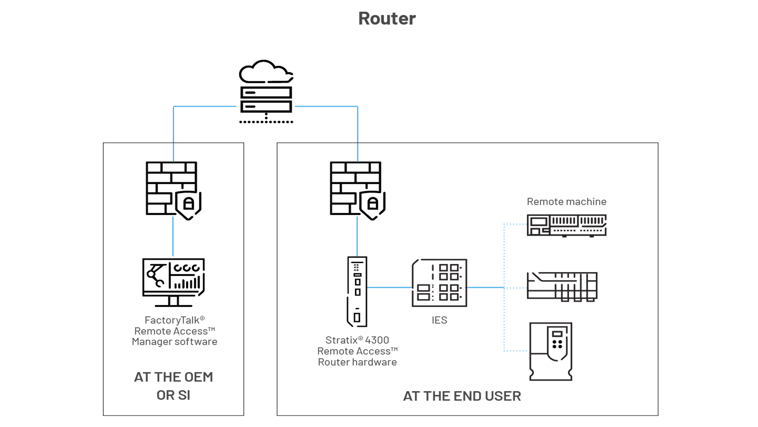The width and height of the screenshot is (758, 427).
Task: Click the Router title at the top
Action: point(387,18)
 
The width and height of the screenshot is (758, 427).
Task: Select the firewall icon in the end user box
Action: point(355,188)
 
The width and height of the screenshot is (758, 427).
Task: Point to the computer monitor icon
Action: point(173,282)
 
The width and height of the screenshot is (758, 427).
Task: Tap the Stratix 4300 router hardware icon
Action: point(357,291)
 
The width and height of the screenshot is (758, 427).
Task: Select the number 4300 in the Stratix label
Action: point(377,340)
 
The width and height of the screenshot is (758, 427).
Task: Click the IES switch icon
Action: point(439,283)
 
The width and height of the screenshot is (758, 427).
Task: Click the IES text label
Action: point(439,320)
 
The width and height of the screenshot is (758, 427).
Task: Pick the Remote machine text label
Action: point(567,202)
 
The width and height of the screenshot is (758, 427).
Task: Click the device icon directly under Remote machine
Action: point(567,225)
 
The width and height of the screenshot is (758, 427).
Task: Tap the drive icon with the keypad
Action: point(551,351)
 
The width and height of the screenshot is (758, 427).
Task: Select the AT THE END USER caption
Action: point(462,396)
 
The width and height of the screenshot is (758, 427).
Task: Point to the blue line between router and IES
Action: point(389,288)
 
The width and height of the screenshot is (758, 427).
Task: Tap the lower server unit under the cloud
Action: point(266,107)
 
